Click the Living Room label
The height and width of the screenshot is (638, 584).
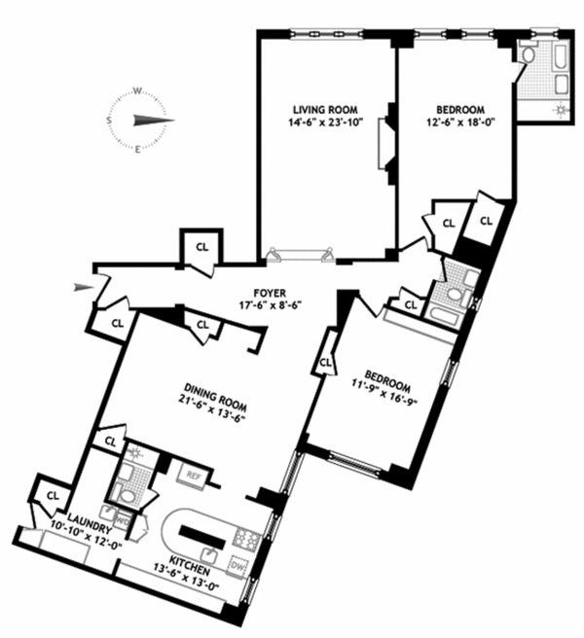coord(325,110)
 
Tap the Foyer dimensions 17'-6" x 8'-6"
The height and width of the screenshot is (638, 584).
coord(270,304)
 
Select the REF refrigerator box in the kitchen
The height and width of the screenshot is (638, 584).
coord(195,475)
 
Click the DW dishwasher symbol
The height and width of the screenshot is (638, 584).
coord(238,566)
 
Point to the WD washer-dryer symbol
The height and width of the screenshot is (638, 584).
coord(122,519)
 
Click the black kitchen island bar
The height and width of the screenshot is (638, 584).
coord(202,536)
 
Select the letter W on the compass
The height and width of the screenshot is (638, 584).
coord(138,91)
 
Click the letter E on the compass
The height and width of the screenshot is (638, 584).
coord(137,150)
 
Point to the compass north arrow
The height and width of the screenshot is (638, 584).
coord(154,120)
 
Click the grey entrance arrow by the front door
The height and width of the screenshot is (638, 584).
coord(84,287)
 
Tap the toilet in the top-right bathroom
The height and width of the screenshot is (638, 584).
coord(529,53)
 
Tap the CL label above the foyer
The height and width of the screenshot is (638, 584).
coord(202,247)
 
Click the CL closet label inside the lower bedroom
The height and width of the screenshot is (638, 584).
coord(325,362)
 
